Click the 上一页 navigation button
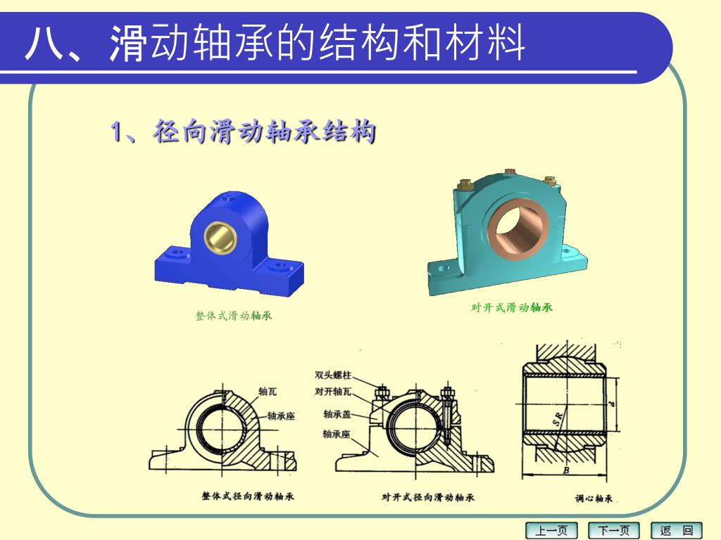(551, 530)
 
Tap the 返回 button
(677, 530)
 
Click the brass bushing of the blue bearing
(220, 238)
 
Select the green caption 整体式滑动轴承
(234, 316)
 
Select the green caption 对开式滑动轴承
(511, 308)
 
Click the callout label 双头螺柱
(333, 375)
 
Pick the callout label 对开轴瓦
(333, 392)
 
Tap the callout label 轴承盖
(337, 414)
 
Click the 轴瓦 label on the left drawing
(268, 391)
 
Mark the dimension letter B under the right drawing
(566, 470)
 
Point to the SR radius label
(558, 419)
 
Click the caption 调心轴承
(594, 499)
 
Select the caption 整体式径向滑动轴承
(247, 496)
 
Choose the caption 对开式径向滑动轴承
(427, 497)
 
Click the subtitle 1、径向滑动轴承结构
(243, 131)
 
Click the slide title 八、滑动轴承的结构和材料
(275, 43)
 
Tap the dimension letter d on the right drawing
(610, 404)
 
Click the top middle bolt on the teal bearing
(510, 172)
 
